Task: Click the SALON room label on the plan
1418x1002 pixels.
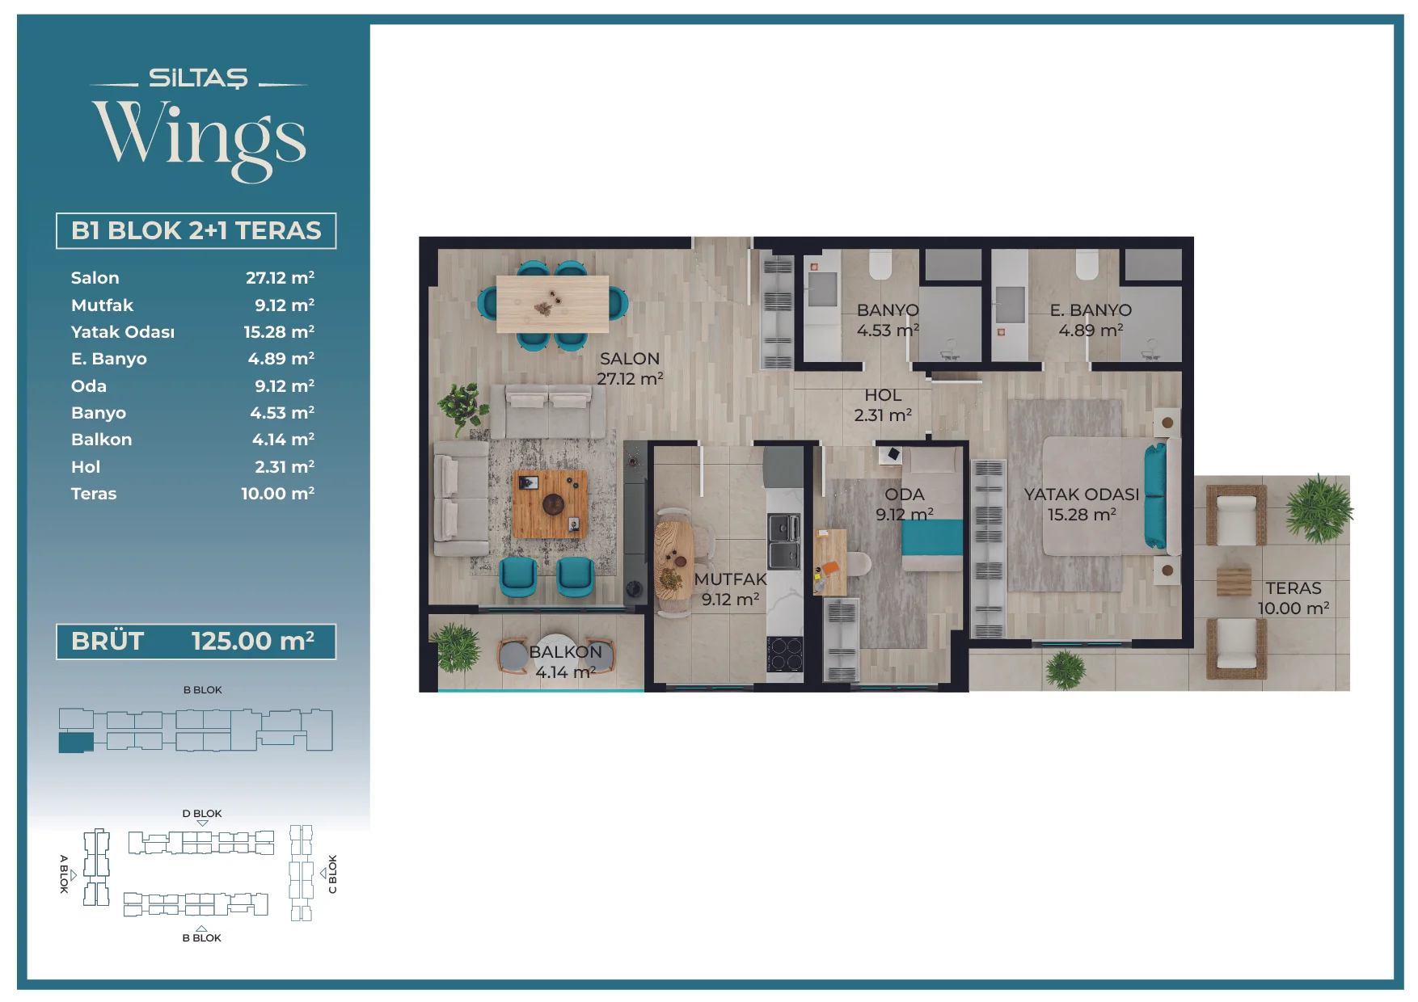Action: [x=630, y=359]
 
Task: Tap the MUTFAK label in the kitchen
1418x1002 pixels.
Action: [x=730, y=579]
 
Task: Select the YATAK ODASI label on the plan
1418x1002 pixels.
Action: [x=1082, y=495]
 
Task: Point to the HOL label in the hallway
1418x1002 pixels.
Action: [x=883, y=395]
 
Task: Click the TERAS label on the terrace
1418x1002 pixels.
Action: [x=1294, y=588]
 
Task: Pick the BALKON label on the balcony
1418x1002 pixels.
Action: [x=566, y=652]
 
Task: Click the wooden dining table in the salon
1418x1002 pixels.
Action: [x=552, y=304]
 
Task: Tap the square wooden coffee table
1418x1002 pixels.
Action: [x=551, y=504]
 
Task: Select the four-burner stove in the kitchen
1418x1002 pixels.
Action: [x=784, y=654]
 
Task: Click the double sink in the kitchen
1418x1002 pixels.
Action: [x=783, y=541]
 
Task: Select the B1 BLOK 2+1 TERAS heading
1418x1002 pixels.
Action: [x=196, y=231]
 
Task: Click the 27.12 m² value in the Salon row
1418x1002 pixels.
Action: [x=280, y=278]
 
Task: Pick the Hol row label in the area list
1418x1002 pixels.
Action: [x=86, y=467]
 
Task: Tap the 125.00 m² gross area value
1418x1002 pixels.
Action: [x=253, y=642]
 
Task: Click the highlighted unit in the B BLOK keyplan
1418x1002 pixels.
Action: [x=76, y=743]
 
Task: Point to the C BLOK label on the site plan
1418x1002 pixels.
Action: [x=332, y=874]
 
